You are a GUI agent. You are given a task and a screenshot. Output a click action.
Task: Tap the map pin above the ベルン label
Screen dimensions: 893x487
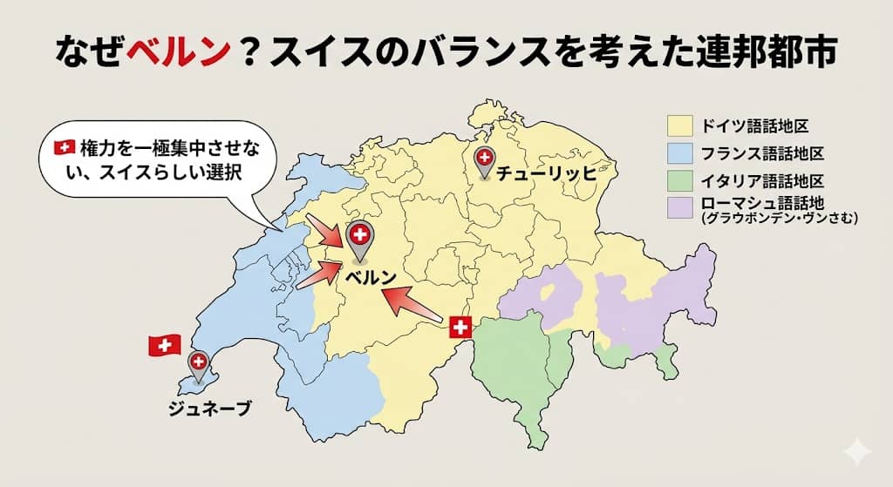tap(359, 237)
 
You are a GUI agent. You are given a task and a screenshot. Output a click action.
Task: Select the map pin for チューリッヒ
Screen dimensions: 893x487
tap(483, 160)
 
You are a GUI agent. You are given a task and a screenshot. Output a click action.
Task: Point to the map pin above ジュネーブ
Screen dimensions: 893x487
tap(199, 363)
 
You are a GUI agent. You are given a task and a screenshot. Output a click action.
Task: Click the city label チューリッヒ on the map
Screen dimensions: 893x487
tap(546, 173)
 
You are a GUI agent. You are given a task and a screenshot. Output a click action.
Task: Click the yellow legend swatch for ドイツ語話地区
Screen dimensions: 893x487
tap(679, 125)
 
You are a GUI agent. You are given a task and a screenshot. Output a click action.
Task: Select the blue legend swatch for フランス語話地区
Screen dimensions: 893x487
tap(679, 153)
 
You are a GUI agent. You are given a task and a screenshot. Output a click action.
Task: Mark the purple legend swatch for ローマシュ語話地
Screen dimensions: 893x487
tap(679, 208)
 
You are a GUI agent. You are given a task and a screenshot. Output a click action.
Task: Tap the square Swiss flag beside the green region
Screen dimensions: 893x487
tap(460, 328)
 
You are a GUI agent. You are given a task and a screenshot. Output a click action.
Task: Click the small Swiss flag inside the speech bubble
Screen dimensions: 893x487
tap(65, 148)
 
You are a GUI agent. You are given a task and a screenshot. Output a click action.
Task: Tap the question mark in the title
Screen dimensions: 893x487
tap(258, 51)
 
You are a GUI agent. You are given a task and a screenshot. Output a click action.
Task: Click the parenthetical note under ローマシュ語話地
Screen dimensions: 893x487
tap(779, 220)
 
